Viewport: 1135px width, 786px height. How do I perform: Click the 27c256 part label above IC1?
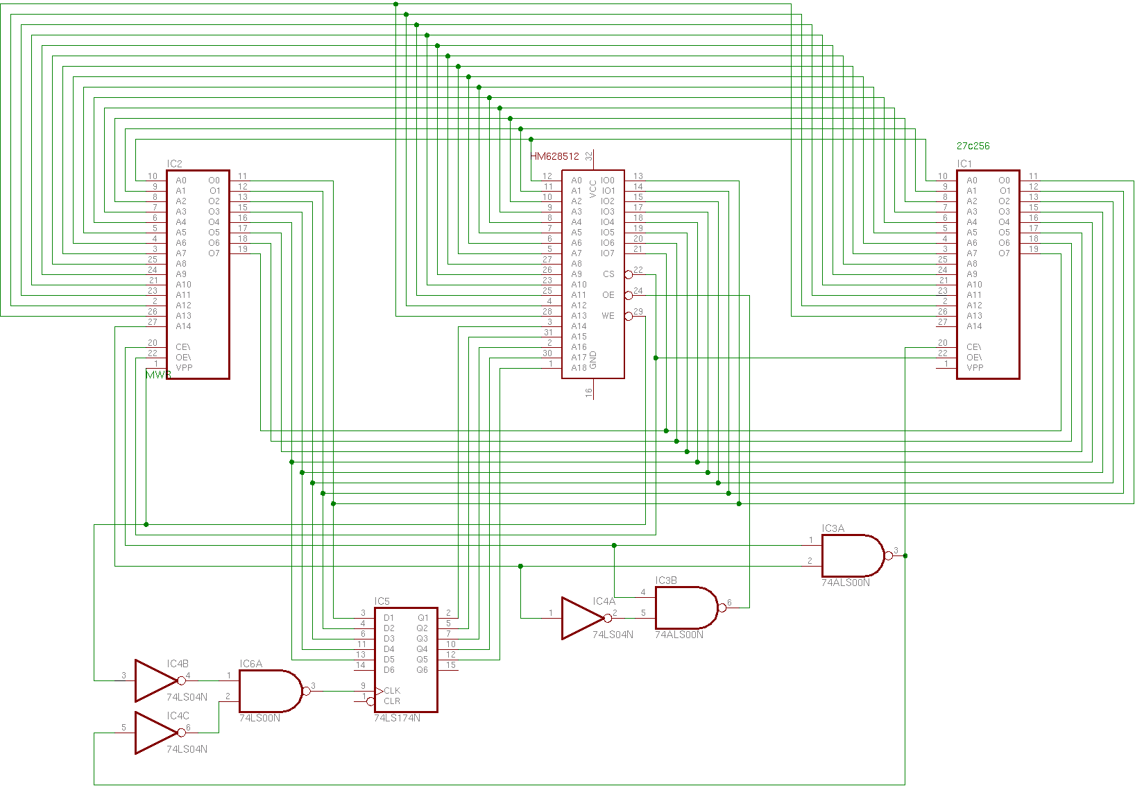pos(973,147)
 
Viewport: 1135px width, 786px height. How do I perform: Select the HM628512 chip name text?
pos(554,156)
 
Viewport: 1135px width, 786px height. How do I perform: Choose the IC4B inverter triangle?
pos(155,680)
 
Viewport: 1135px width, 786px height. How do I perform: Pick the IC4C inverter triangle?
pos(155,733)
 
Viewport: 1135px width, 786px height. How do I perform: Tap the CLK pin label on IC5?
pos(392,691)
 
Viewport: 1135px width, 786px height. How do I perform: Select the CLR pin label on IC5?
pos(392,701)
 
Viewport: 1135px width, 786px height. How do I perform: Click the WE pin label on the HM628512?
pos(608,316)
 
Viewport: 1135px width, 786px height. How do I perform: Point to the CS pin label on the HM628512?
pos(608,274)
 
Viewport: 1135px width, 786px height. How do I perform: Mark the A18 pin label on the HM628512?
pos(579,368)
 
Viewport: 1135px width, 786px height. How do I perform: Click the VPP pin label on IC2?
pos(184,368)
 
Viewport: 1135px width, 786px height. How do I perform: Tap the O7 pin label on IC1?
pos(1004,253)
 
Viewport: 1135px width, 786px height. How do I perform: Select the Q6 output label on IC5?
pos(422,670)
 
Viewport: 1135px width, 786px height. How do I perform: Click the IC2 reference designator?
pos(174,165)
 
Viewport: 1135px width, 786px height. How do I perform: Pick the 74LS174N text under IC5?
pos(397,718)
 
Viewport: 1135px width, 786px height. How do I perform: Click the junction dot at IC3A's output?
pos(905,555)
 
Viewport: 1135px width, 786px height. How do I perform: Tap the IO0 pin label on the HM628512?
pos(608,181)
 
